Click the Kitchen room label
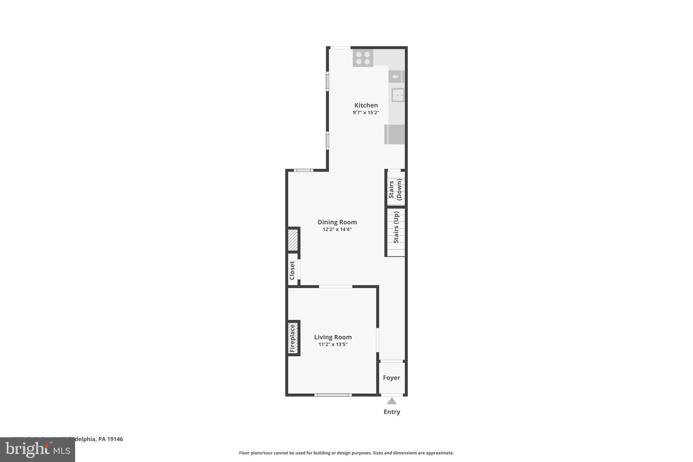click(366, 105)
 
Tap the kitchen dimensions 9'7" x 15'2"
click(366, 113)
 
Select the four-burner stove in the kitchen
click(363, 58)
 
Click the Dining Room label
click(337, 222)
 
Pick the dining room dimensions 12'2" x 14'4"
click(337, 229)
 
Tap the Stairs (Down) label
click(395, 189)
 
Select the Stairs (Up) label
click(396, 227)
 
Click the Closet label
click(292, 270)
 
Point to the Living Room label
click(333, 337)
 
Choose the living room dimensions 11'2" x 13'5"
click(333, 345)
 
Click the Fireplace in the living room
click(293, 338)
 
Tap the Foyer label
click(392, 378)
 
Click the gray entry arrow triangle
click(392, 401)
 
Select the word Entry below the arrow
click(392, 412)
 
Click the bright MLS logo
click(38, 450)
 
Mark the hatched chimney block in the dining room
click(293, 240)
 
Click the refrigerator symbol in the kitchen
click(395, 134)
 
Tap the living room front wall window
click(333, 395)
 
